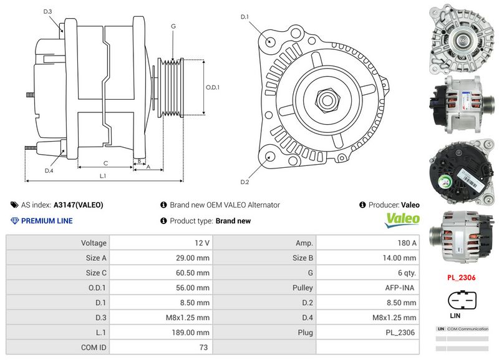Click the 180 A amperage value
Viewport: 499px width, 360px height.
coord(407,243)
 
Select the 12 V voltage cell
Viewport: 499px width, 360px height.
coord(201,243)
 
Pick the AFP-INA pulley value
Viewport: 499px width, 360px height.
coord(400,288)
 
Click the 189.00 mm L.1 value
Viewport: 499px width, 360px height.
coord(193,333)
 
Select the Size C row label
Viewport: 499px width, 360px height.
coord(96,273)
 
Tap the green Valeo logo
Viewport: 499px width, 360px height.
coord(402,219)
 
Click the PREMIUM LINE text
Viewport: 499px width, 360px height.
coord(47,221)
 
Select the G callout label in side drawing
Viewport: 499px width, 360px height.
coord(173,26)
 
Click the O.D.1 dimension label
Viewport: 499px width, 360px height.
coord(213,87)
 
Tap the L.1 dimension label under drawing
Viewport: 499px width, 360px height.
coord(103,177)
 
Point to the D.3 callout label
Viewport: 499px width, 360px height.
coord(48,12)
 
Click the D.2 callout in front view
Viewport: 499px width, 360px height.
coord(245,182)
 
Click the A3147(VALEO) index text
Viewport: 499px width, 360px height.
coord(79,205)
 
